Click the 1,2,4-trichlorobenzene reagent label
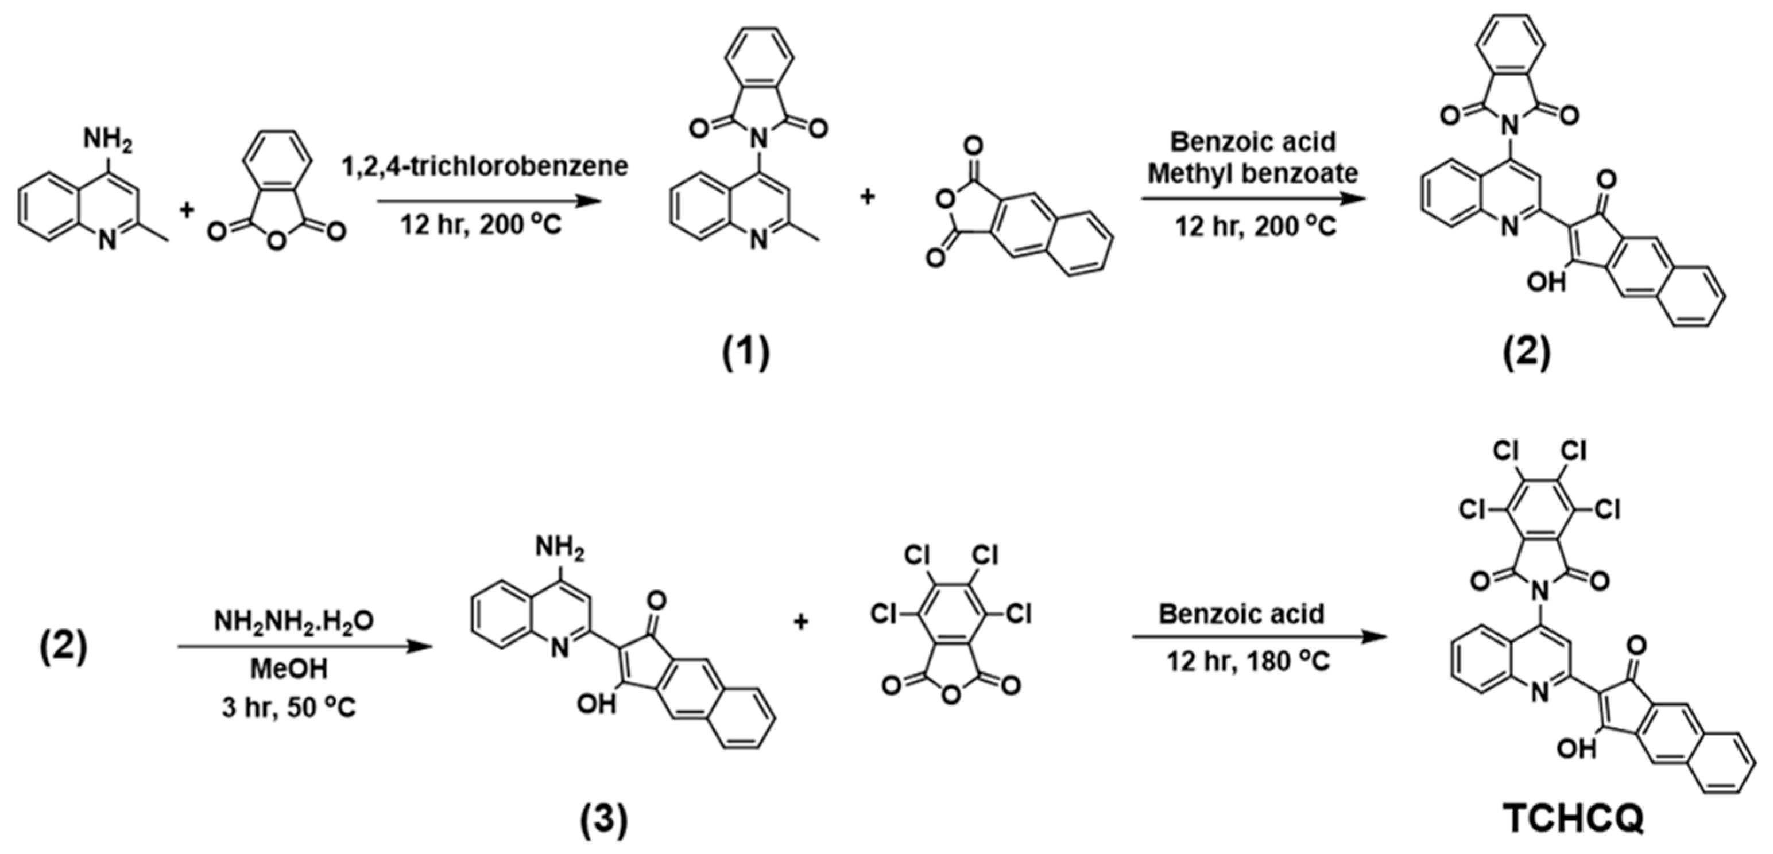[x=485, y=166]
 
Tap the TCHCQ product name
[x=1573, y=818]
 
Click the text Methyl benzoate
[x=1253, y=173]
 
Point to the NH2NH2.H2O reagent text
[x=294, y=622]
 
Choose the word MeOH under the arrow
[x=288, y=668]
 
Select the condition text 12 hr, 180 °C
[x=1248, y=661]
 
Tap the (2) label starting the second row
[x=63, y=647]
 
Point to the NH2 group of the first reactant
[x=107, y=141]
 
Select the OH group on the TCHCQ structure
[x=1576, y=748]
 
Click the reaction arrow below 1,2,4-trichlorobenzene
[x=489, y=201]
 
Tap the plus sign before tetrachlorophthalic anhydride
[x=800, y=622]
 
